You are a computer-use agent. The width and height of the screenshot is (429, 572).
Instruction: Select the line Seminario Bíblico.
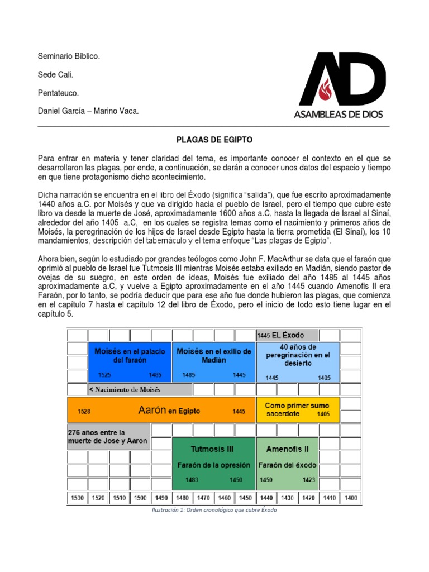pos(69,56)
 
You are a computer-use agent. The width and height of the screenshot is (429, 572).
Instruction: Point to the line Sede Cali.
pos(55,75)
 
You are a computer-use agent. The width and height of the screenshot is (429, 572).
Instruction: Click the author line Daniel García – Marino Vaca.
pos(88,112)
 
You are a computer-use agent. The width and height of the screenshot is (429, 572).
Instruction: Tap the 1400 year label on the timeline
pos(351,498)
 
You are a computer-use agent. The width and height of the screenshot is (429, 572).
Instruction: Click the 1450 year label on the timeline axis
pos(245,498)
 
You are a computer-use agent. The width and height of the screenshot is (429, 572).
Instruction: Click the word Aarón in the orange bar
pos(152,411)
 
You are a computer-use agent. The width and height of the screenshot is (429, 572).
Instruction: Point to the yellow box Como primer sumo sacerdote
pos(297,409)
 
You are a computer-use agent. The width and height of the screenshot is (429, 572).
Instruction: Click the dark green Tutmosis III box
pos(212,463)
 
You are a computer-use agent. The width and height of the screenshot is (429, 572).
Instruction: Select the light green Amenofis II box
pos(287,463)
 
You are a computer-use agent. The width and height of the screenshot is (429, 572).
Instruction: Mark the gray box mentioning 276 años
pos(108,436)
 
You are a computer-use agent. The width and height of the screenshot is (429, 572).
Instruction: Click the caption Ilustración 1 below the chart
pos(214,510)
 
